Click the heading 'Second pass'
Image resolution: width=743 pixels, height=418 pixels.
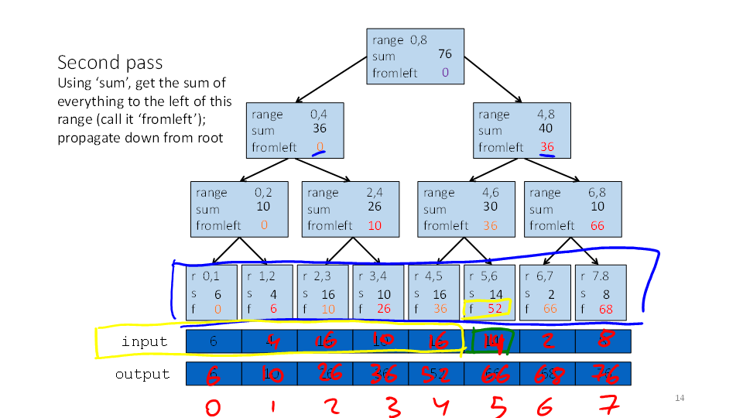pos(110,63)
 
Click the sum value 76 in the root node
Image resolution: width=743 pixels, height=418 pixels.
pos(444,54)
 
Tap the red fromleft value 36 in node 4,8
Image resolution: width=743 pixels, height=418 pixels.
pos(546,147)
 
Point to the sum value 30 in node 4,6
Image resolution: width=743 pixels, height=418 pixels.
pos(491,207)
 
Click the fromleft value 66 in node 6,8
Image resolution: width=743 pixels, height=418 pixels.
pos(597,225)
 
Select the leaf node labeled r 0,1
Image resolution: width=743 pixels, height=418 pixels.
pos(212,293)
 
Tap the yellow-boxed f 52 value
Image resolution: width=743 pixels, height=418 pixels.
pos(487,308)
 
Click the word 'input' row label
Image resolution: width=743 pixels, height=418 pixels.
pos(144,342)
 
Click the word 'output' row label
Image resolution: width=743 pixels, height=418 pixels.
pos(142,375)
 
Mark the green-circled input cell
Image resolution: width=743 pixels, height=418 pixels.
pos(491,341)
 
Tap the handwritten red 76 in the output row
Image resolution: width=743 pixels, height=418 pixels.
pos(602,375)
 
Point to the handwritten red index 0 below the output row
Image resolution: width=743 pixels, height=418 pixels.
pos(213,406)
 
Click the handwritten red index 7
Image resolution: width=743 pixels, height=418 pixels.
pos(604,406)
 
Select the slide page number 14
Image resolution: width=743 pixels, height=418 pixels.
pos(680,398)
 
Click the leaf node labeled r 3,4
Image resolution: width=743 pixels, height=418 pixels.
pos(379,293)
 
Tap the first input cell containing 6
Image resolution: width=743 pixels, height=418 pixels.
pos(214,342)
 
